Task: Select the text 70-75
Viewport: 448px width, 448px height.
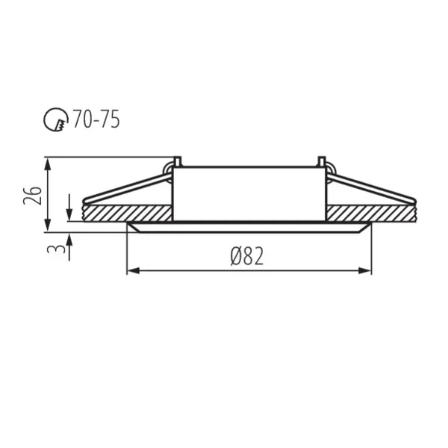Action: pyautogui.click(x=96, y=118)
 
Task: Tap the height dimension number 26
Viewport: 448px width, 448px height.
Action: pyautogui.click(x=31, y=195)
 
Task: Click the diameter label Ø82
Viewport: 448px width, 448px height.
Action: pyautogui.click(x=248, y=257)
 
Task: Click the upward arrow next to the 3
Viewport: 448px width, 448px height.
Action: pyautogui.click(x=69, y=239)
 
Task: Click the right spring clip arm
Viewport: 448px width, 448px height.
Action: pyautogui.click(x=371, y=188)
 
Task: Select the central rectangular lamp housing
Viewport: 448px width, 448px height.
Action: pyautogui.click(x=249, y=193)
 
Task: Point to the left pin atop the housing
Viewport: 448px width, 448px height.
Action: pyautogui.click(x=177, y=161)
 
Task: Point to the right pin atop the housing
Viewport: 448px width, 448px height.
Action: pyautogui.click(x=321, y=161)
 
